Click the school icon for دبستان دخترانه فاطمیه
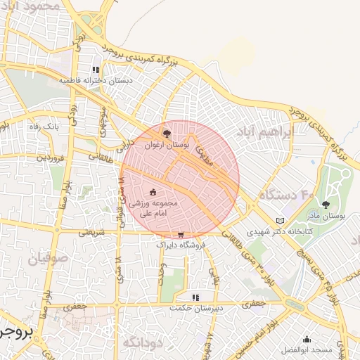click(x=96, y=70)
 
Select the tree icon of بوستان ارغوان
click(x=166, y=133)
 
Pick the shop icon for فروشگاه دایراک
click(x=181, y=236)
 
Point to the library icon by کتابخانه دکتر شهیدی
click(x=281, y=221)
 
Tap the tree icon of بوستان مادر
click(x=325, y=205)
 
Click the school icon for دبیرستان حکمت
click(x=195, y=297)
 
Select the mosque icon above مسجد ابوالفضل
click(x=307, y=339)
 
